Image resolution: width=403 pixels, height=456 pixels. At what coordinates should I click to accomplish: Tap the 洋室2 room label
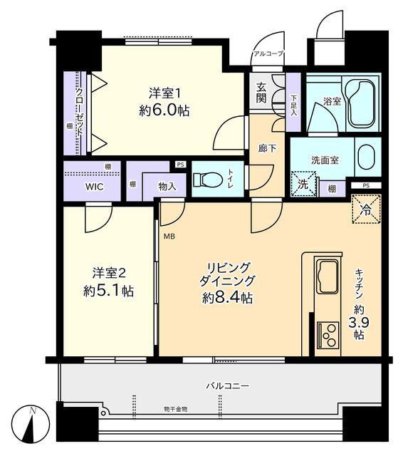click(x=108, y=272)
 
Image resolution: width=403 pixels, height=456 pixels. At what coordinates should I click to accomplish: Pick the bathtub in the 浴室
click(x=355, y=99)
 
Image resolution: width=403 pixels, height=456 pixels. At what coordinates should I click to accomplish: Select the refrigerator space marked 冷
click(x=366, y=210)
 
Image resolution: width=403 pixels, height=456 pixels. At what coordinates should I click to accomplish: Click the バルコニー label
click(x=227, y=385)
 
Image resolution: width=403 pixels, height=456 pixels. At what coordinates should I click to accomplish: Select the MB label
click(x=169, y=236)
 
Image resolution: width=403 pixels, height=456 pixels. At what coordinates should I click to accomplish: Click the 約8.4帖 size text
click(x=226, y=298)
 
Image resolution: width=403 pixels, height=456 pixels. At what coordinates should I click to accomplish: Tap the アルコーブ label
click(x=268, y=53)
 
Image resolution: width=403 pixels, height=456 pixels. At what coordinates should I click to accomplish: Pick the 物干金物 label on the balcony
click(x=175, y=409)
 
